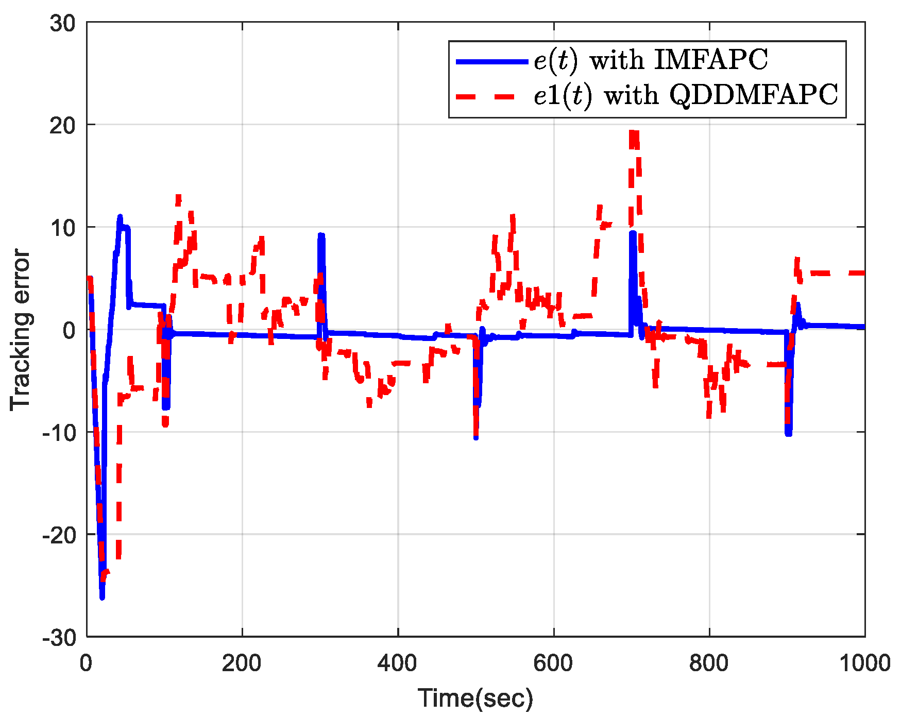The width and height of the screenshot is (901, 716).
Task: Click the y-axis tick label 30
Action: pyautogui.click(x=62, y=23)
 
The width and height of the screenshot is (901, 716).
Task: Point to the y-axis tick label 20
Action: pyautogui.click(x=62, y=125)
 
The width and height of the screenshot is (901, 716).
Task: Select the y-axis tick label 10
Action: pyautogui.click(x=62, y=228)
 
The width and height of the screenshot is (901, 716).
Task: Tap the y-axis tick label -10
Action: pyautogui.click(x=58, y=433)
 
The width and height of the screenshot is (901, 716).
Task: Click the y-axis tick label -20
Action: pyautogui.click(x=58, y=535)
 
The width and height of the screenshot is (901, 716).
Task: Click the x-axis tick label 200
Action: pyautogui.click(x=242, y=663)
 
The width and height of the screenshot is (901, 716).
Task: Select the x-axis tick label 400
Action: pyautogui.click(x=397, y=663)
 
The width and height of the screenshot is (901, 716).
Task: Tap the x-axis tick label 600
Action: pyautogui.click(x=553, y=663)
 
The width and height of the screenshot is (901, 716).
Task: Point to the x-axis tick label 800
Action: pyautogui.click(x=709, y=663)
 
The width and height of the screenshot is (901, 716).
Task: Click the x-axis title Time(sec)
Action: pyautogui.click(x=475, y=698)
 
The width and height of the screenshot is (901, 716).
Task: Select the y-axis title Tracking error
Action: pyautogui.click(x=21, y=330)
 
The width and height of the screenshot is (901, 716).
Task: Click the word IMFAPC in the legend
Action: pyautogui.click(x=711, y=60)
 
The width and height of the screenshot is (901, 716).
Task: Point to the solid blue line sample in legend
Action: pyautogui.click(x=492, y=61)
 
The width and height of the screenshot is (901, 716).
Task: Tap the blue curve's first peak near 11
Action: pyautogui.click(x=120, y=217)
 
